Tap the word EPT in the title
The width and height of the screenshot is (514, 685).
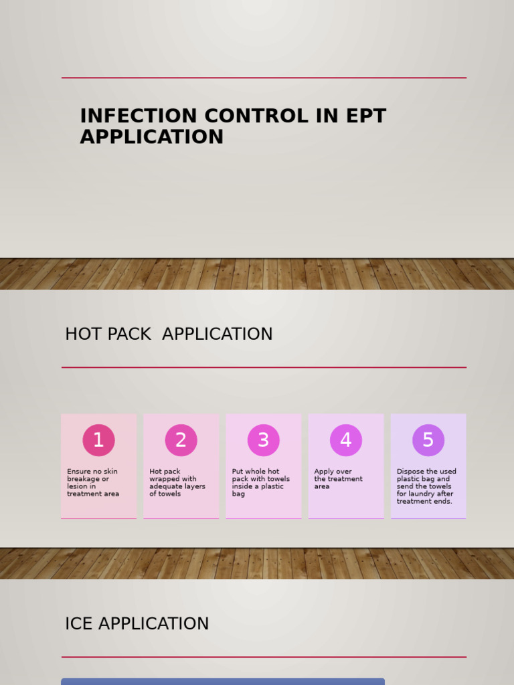[365, 116]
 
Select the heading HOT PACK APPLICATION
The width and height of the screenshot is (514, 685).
[169, 334]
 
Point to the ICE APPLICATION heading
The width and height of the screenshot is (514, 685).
[137, 624]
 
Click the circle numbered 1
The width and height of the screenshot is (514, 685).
[98, 440]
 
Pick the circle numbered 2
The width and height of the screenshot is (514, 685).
[181, 440]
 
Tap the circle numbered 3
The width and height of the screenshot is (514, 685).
[263, 440]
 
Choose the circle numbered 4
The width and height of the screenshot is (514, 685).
[345, 440]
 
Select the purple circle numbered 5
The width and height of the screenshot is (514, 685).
[428, 440]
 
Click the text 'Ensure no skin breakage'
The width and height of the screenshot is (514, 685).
[92, 475]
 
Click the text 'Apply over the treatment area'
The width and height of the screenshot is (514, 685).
[338, 479]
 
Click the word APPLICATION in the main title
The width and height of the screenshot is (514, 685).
[151, 137]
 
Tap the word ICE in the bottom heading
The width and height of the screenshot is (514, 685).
[77, 624]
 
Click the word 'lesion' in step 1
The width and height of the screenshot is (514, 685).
[77, 486]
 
